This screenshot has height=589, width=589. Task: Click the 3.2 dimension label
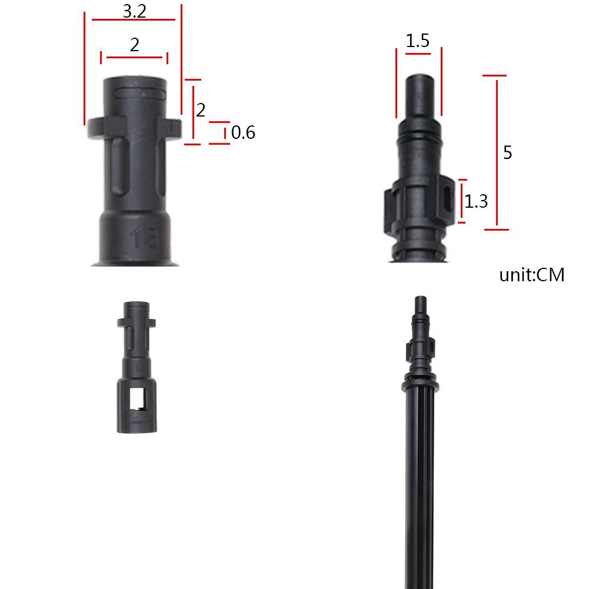pyautogui.click(x=134, y=11)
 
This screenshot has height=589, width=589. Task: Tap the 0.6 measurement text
pyautogui.click(x=243, y=133)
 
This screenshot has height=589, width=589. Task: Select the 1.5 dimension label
pyautogui.click(x=418, y=41)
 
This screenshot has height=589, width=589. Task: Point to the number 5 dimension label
pyautogui.click(x=507, y=152)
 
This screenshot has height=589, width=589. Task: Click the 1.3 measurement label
pyautogui.click(x=476, y=202)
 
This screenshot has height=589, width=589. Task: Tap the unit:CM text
pyautogui.click(x=531, y=275)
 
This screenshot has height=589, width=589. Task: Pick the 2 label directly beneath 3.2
pyautogui.click(x=135, y=45)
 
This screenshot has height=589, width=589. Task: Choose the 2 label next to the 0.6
pyautogui.click(x=201, y=110)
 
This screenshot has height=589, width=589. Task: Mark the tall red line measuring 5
pyautogui.click(x=497, y=152)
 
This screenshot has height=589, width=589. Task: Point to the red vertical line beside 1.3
pyautogui.click(x=462, y=201)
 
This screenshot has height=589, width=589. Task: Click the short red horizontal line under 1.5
pyautogui.click(x=418, y=54)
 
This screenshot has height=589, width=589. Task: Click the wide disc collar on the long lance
pyautogui.click(x=420, y=385)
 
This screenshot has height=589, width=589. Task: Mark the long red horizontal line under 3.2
pyautogui.click(x=134, y=19)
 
